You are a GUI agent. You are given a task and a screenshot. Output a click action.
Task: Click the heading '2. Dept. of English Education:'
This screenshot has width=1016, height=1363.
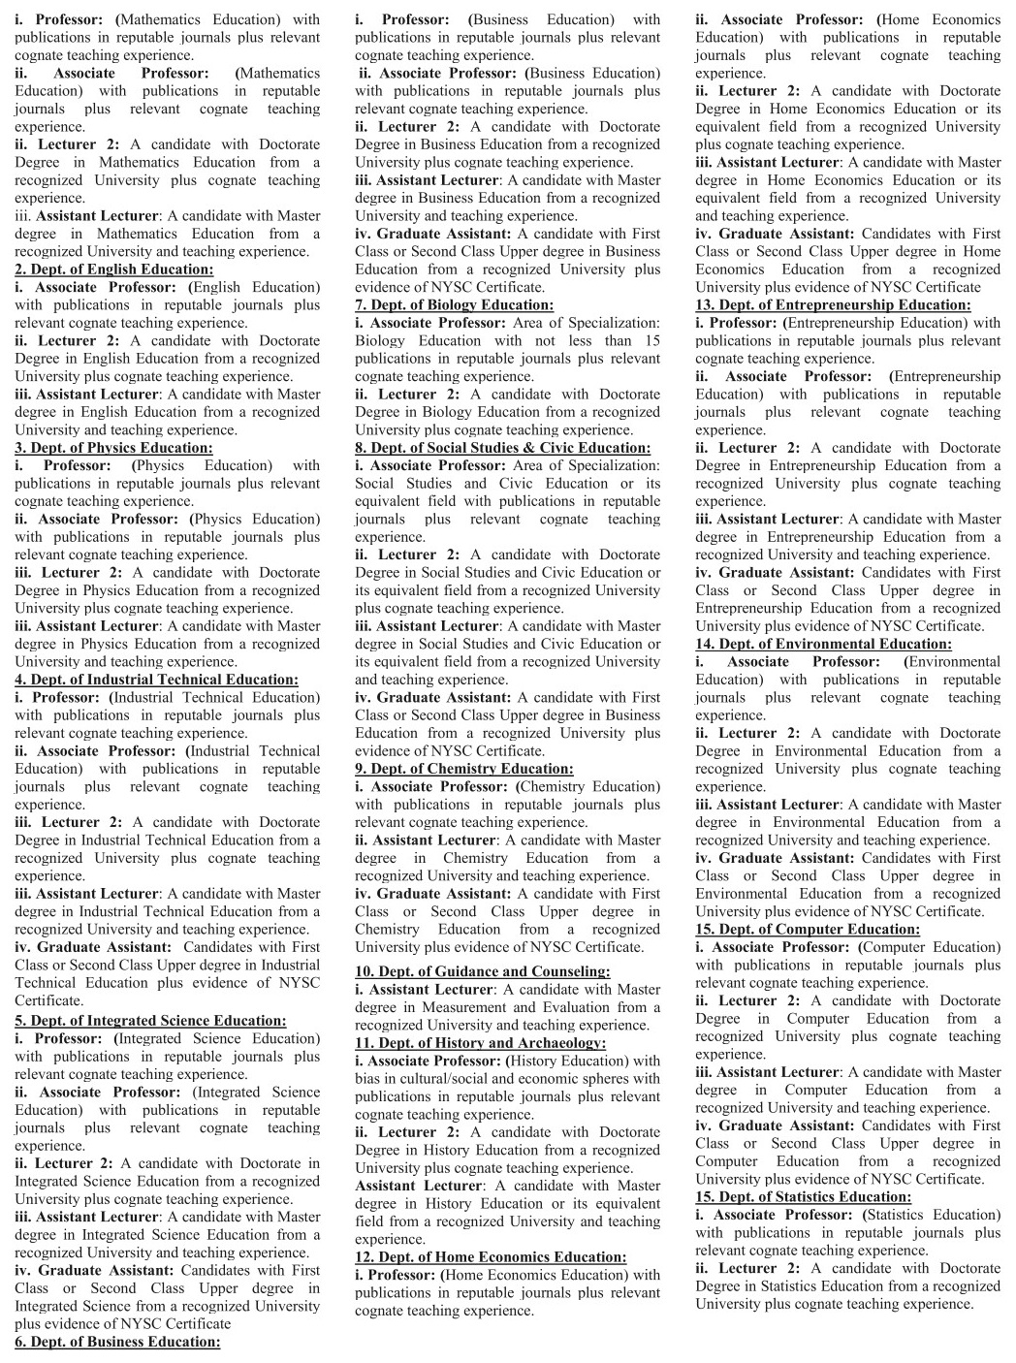[x=113, y=269]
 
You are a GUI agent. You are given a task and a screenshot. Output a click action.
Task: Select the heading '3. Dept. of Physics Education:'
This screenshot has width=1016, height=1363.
[x=113, y=448]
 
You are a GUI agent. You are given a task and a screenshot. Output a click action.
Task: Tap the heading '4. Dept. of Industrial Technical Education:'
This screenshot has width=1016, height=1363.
[x=156, y=680]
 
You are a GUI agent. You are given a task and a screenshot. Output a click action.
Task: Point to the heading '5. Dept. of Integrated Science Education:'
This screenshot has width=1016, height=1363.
[x=150, y=1021]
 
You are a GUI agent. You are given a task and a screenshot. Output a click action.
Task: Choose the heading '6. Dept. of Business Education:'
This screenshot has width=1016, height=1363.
[x=117, y=1342]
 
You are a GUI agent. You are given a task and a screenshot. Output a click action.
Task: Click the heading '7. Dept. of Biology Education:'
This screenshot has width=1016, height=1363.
[x=454, y=305]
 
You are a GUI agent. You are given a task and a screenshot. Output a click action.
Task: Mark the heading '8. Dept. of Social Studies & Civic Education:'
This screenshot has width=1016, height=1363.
[x=502, y=448]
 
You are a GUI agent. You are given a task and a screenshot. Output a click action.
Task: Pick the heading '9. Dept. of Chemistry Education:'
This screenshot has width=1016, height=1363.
[x=463, y=769]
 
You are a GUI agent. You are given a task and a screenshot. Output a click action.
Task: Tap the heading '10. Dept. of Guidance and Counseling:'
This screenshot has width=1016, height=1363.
[x=482, y=971]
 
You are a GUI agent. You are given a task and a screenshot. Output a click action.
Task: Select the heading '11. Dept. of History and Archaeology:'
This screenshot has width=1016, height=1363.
[x=480, y=1043]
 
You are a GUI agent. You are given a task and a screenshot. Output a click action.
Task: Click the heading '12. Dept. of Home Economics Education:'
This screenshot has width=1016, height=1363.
[x=491, y=1257]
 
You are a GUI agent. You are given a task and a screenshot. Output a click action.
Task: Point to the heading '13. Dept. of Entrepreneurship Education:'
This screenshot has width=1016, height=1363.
[x=832, y=305]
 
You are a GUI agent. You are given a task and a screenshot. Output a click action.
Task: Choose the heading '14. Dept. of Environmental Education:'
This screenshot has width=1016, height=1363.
[x=823, y=644]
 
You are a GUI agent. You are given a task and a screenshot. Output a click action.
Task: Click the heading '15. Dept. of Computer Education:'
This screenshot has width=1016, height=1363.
[x=808, y=930]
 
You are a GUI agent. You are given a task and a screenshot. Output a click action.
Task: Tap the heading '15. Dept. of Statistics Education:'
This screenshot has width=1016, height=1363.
[x=803, y=1197]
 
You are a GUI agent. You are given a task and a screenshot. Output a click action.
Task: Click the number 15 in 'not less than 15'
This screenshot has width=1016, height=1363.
[x=651, y=341]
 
